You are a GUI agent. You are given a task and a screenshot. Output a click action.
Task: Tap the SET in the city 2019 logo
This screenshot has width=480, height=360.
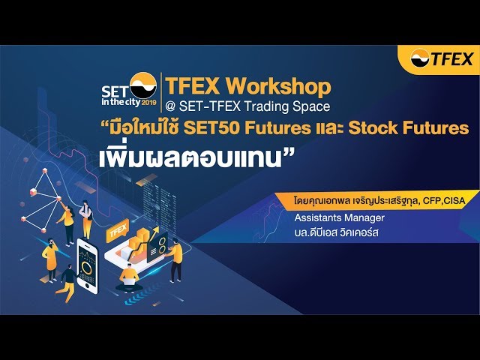click(129, 88)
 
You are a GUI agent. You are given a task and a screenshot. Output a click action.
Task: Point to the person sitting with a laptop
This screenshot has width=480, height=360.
click(129, 276)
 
